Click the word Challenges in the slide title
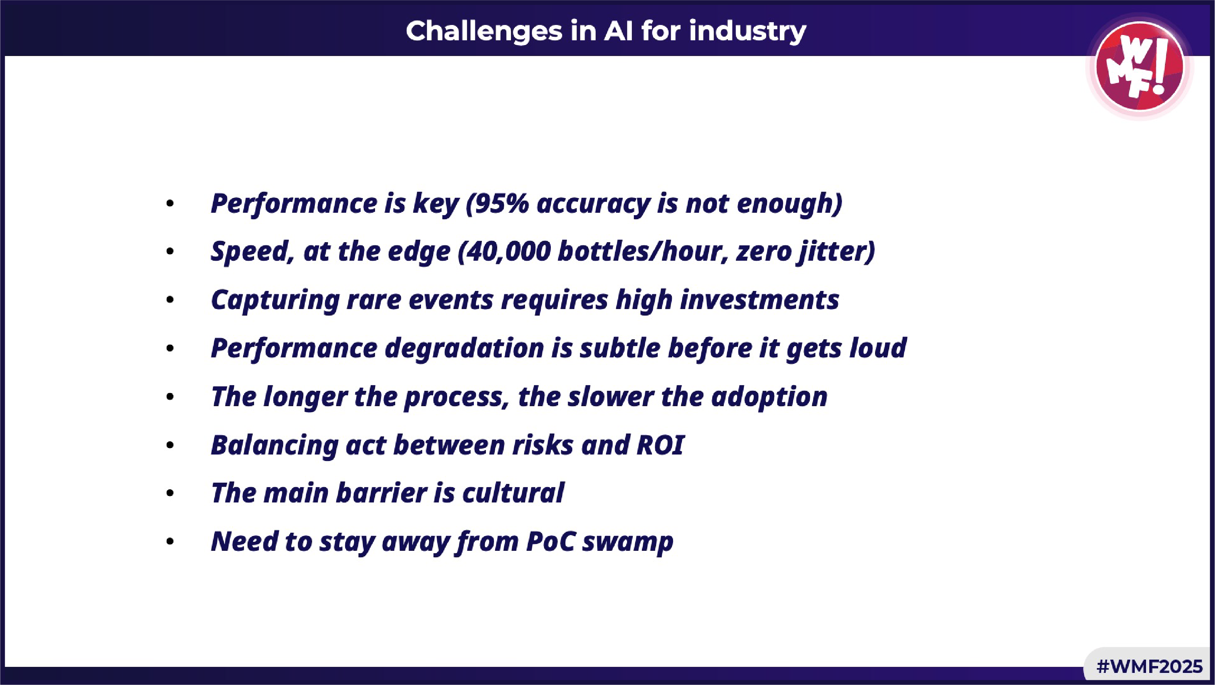pos(484,31)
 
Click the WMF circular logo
pos(1140,66)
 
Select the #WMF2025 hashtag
pos(1149,666)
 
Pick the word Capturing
pos(275,300)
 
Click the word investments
pos(759,300)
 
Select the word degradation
pos(465,349)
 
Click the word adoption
pos(769,397)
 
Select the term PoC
pos(550,541)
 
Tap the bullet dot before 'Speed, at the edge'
pos(170,252)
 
